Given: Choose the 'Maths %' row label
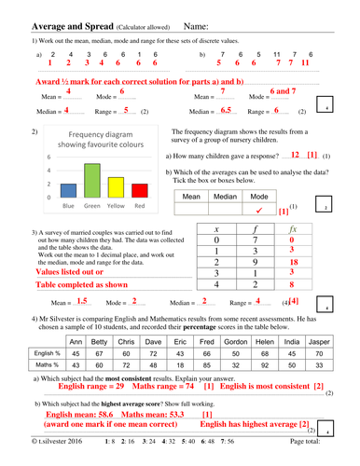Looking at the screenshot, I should pyautogui.click(x=46, y=364).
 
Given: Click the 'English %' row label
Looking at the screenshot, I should pyautogui.click(x=46, y=353).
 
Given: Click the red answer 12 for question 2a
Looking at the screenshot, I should pyautogui.click(x=295, y=155).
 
